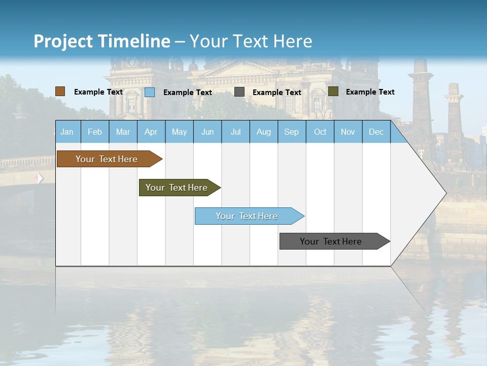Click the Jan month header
click(x=67, y=132)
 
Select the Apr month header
click(x=151, y=132)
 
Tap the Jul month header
click(x=235, y=132)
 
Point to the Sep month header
click(x=291, y=132)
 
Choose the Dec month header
click(x=376, y=132)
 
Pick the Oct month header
click(x=320, y=132)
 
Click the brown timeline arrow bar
click(x=107, y=159)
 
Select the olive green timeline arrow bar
click(x=177, y=188)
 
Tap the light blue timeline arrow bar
click(x=247, y=216)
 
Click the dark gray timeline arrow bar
click(x=331, y=241)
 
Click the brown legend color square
click(x=60, y=91)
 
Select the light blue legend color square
click(x=150, y=92)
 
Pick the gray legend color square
click(x=239, y=92)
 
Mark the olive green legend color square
click(x=333, y=91)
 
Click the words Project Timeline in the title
click(x=101, y=41)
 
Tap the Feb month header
click(x=95, y=132)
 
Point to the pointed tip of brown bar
click(x=161, y=159)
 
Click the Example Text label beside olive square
click(x=370, y=92)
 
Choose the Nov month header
click(x=348, y=132)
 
